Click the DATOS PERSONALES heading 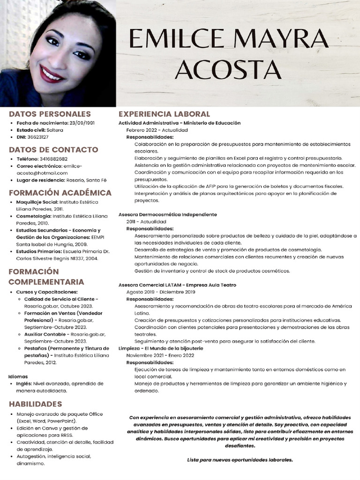tap(50, 114)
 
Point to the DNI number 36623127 tap(38, 137)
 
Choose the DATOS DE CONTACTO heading tap(53, 150)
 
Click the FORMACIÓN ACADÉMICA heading tap(60, 193)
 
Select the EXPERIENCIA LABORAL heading tap(164, 114)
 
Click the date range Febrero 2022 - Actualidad tap(157, 130)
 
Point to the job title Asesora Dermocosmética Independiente tap(167, 214)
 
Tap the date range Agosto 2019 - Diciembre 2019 tap(161, 292)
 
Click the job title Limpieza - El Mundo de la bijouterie tap(161, 348)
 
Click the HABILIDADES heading tap(35, 404)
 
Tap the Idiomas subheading tap(18, 376)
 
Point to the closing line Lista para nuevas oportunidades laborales tap(240, 460)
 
